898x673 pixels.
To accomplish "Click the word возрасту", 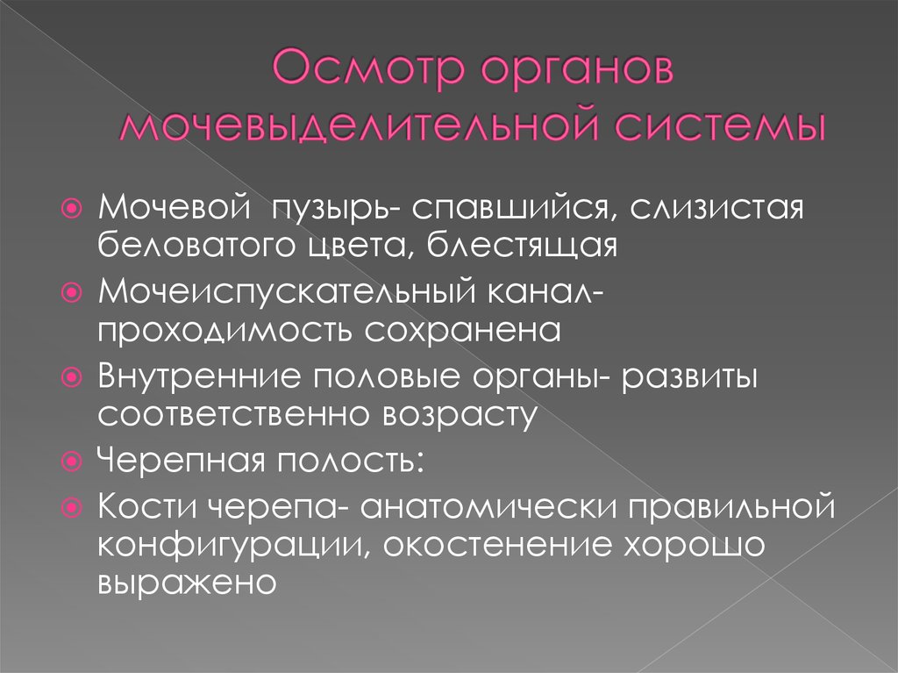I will pyautogui.click(x=457, y=412).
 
